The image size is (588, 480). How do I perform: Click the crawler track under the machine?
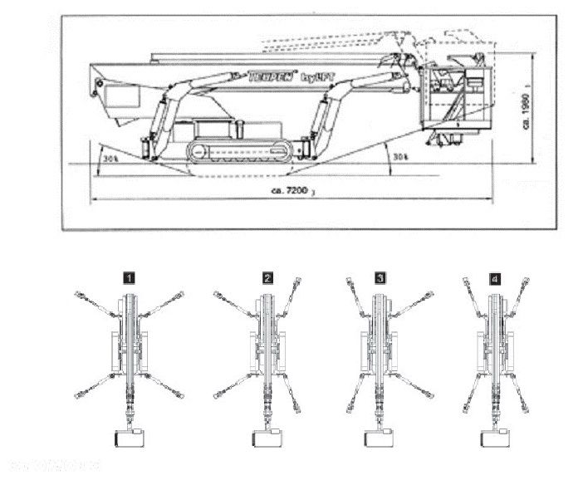(x=240, y=150)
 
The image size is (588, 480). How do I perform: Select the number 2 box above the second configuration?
(x=267, y=278)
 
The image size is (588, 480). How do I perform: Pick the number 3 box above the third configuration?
(x=380, y=278)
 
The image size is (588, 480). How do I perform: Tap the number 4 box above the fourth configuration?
(x=496, y=278)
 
